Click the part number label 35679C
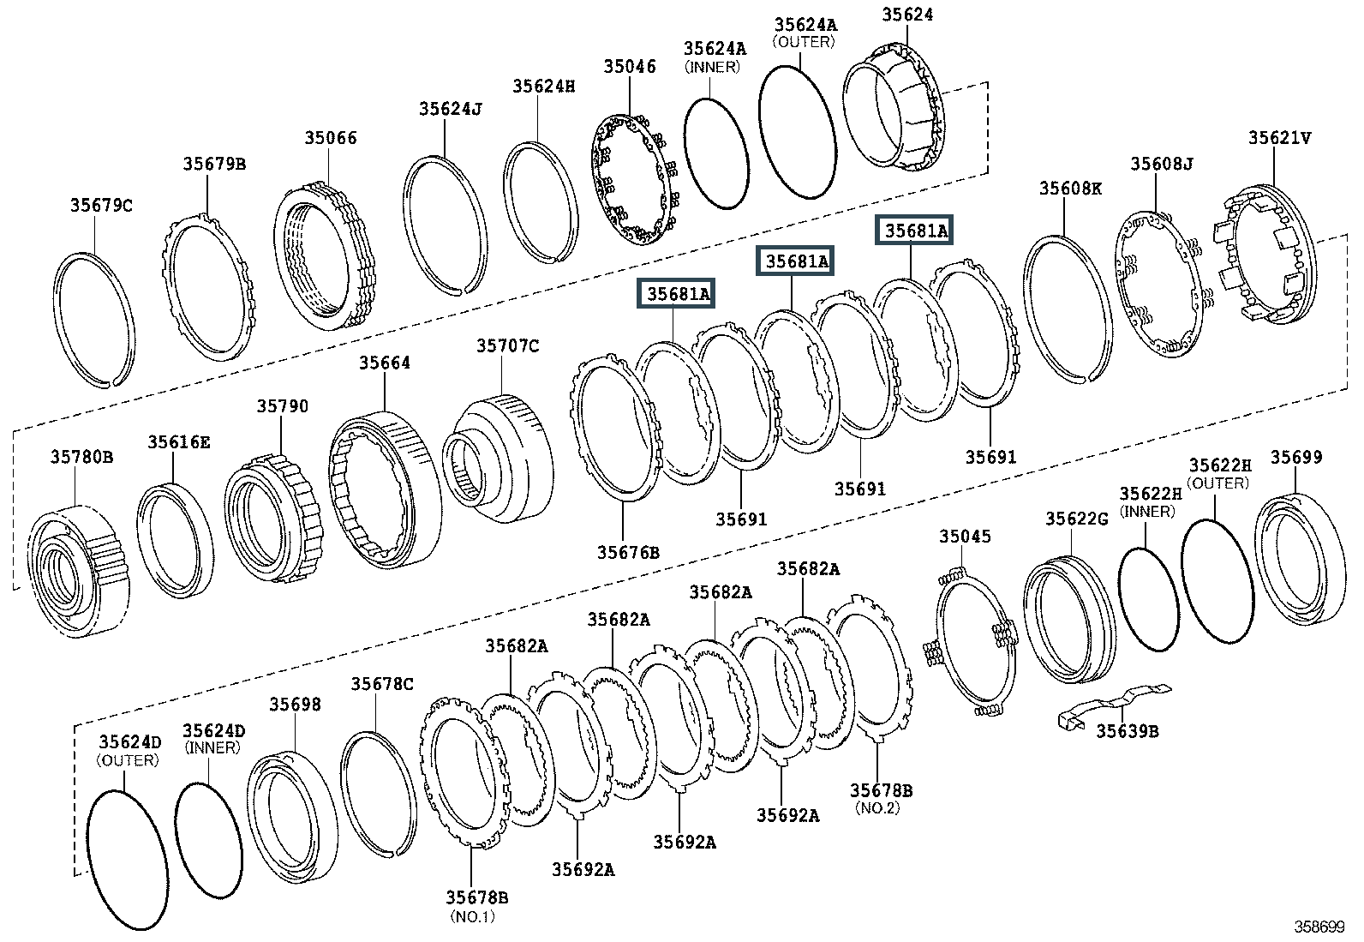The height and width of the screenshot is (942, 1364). (101, 206)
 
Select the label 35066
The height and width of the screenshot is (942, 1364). (330, 138)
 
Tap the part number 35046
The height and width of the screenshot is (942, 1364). (630, 67)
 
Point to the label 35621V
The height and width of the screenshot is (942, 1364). (1279, 138)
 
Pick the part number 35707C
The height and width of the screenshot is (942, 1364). (508, 345)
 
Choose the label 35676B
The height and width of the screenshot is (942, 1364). (628, 552)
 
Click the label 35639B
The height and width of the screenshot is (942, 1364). (1128, 730)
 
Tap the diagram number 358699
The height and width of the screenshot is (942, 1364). (1319, 927)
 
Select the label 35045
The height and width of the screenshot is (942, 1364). (965, 537)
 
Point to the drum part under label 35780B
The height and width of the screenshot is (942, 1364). (79, 570)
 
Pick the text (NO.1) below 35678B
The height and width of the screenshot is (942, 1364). (473, 916)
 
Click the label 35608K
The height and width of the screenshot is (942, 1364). (1070, 188)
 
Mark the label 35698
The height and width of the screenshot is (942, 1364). (296, 705)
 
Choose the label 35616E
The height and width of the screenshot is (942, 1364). (178, 441)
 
